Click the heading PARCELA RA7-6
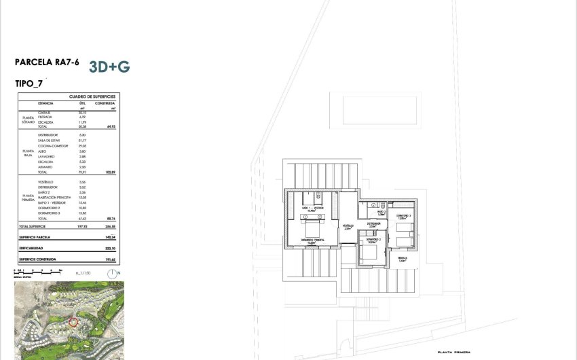47,62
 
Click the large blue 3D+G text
109,67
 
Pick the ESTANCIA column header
46,103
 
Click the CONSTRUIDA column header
105,103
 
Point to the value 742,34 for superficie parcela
108,238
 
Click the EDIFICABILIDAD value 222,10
108,249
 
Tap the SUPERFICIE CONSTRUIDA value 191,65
108,259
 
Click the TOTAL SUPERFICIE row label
33,226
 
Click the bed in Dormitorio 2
368,252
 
